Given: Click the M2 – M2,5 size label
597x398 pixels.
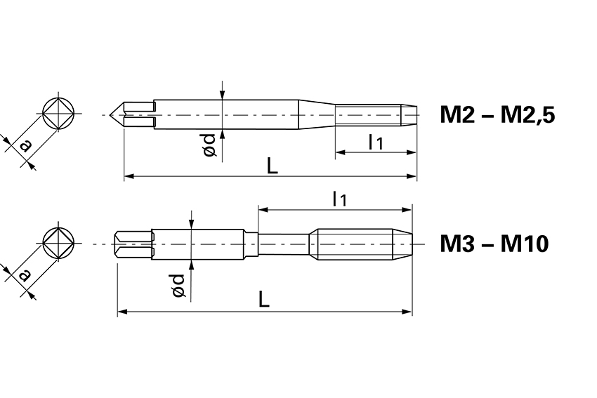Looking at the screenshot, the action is (497, 114).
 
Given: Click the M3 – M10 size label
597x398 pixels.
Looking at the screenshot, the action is (494, 244).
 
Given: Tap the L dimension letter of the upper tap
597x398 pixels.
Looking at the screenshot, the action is (273, 166).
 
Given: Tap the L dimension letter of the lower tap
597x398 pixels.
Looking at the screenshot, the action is (264, 299).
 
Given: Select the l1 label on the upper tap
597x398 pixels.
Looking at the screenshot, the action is (376, 142).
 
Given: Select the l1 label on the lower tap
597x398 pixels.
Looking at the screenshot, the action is (340, 199).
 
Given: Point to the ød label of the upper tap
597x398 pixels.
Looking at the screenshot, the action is (210, 145).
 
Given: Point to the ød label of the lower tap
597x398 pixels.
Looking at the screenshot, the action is (178, 286).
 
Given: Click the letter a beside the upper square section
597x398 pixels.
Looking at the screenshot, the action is (25, 146).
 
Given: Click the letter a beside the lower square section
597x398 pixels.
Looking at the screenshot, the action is (25, 274).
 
